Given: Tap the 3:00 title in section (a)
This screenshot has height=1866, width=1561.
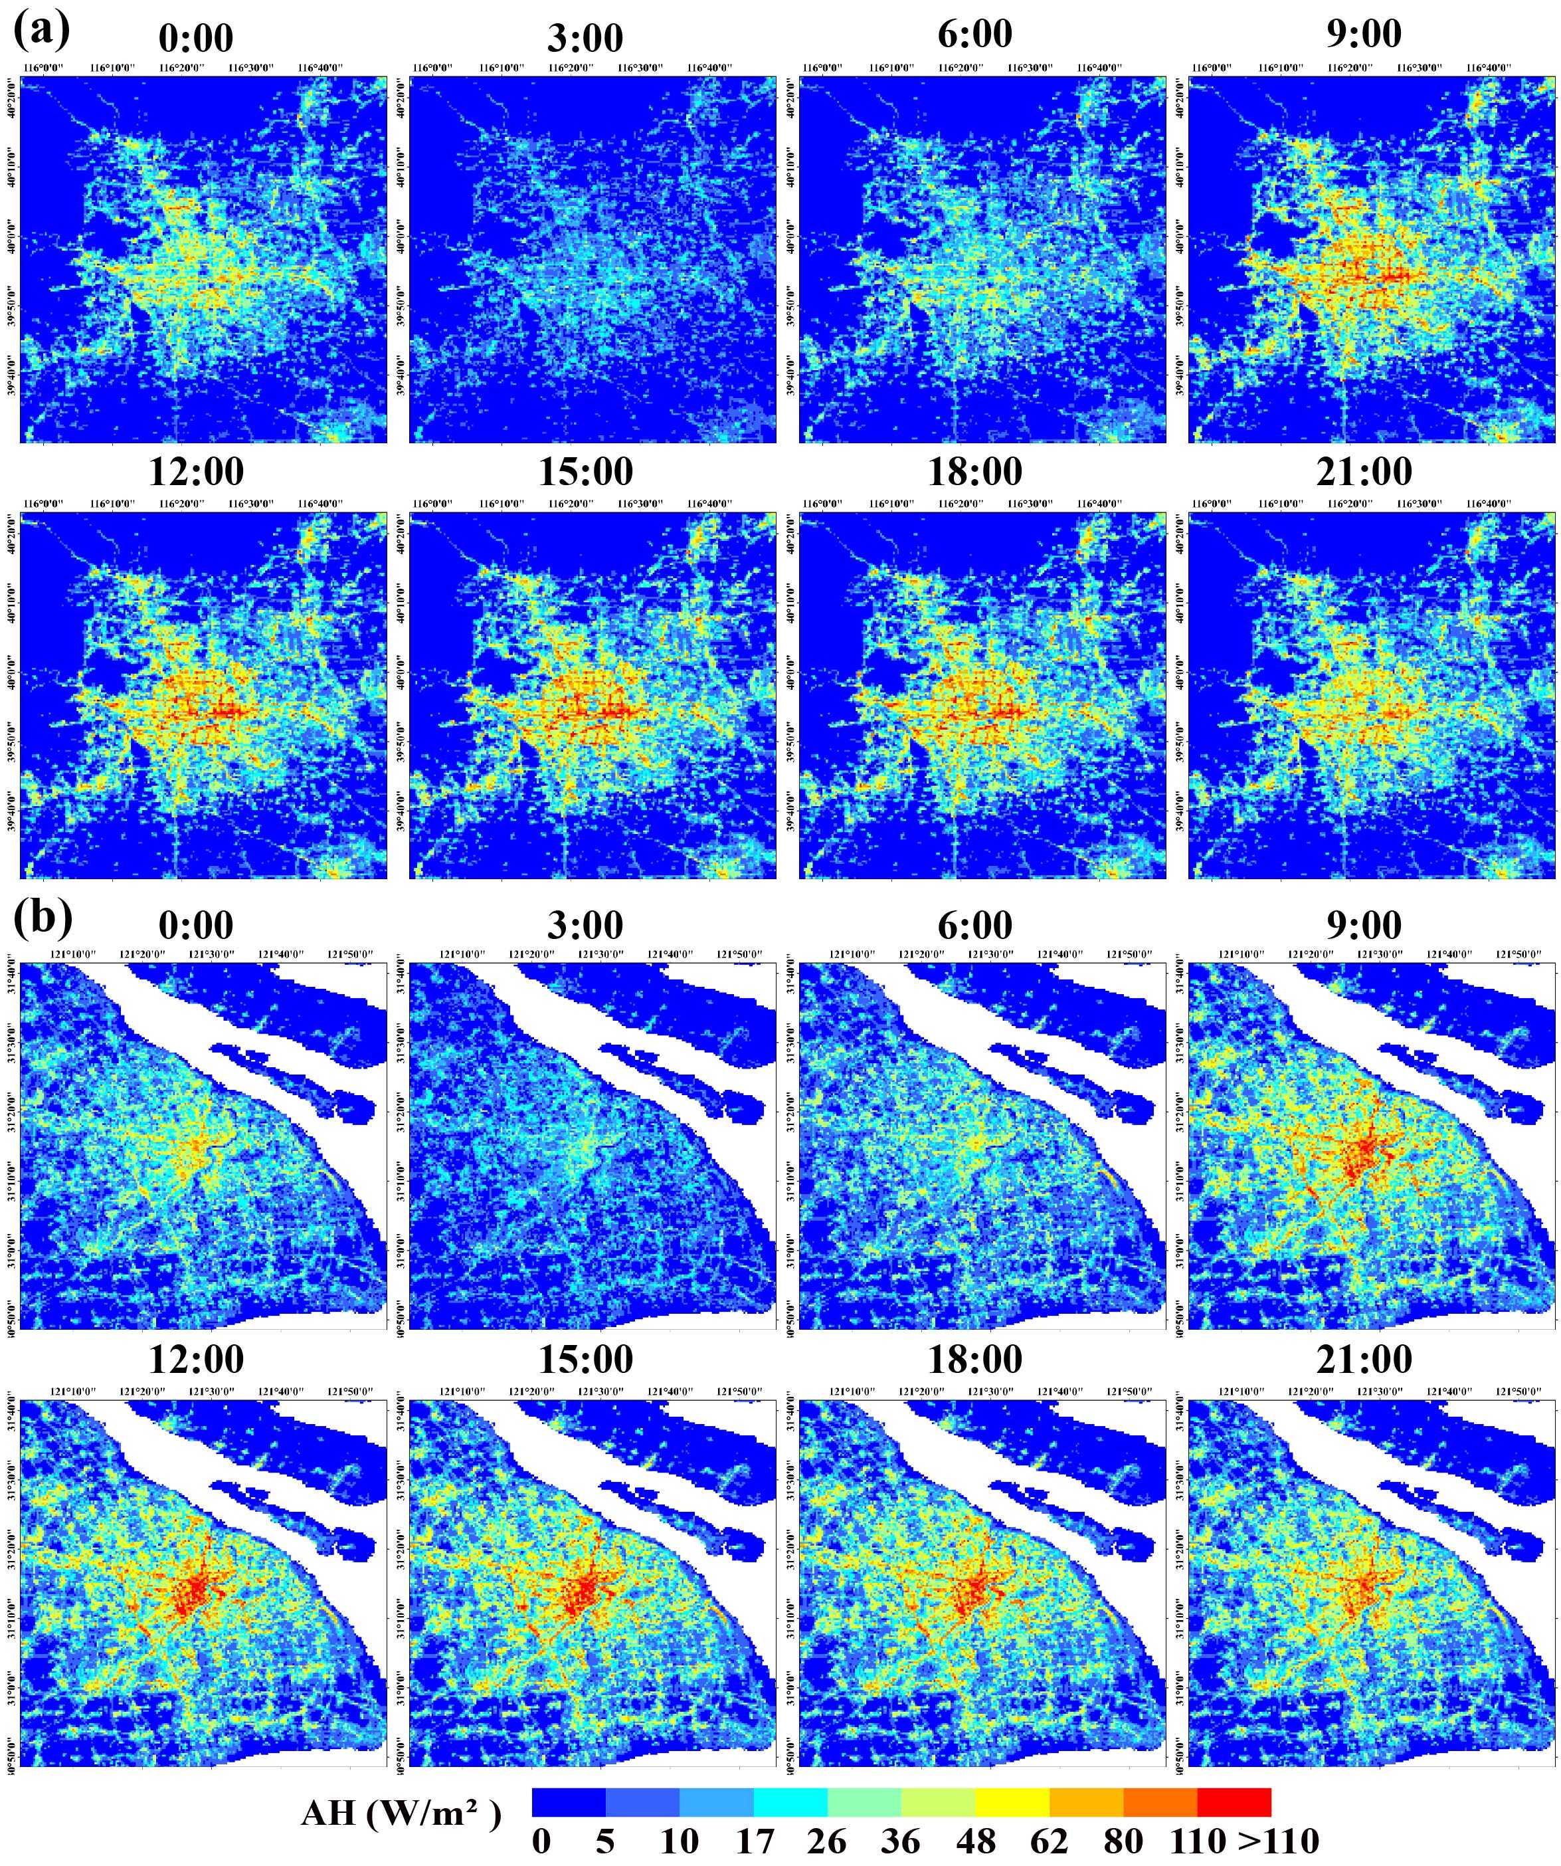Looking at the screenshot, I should point(585,38).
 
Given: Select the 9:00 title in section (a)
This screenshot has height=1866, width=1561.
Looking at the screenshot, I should point(1364,34).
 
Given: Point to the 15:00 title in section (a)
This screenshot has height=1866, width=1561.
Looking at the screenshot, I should point(585,472).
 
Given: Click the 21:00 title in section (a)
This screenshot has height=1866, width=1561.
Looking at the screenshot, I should point(1364,472).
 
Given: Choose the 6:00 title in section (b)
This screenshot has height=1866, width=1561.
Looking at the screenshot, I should point(974,925).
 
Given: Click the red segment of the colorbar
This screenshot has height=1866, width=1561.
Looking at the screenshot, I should point(1234,1802).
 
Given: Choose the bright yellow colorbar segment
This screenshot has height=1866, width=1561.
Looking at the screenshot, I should point(1012,1802).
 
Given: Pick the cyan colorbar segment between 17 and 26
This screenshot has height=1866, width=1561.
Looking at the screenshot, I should point(790,1802).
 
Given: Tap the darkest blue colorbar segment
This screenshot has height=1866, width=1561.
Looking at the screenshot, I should point(569,1802).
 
